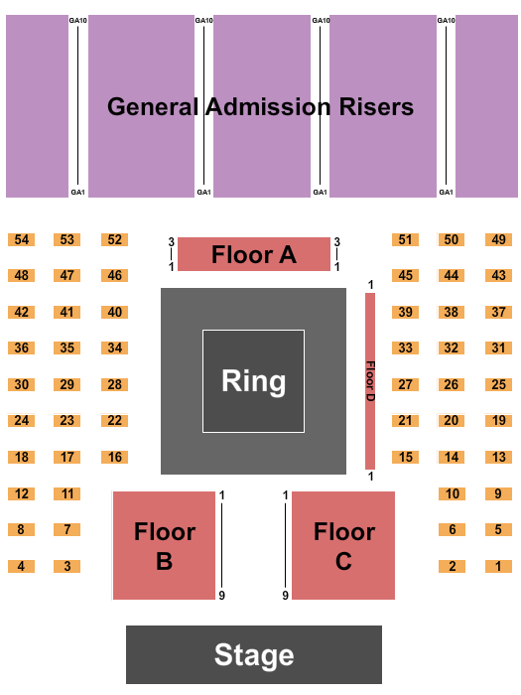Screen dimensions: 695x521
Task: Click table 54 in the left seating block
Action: tap(21, 239)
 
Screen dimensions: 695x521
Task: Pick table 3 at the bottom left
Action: tap(67, 566)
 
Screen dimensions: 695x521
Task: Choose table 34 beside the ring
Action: tap(115, 348)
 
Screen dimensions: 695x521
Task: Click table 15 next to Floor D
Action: tap(405, 457)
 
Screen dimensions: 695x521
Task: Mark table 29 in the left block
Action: tap(67, 384)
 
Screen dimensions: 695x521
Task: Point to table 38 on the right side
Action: tap(452, 312)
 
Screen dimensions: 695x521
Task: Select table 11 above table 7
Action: tap(67, 493)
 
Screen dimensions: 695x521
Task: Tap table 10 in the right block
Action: tap(452, 493)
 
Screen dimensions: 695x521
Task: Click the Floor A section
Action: tap(254, 254)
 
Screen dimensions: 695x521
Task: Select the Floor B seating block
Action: tap(164, 546)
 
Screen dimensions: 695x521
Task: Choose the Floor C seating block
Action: tap(343, 546)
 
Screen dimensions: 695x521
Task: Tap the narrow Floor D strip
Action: tap(369, 380)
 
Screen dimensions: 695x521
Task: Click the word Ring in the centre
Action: tap(254, 381)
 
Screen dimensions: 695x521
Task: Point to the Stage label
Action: tap(254, 654)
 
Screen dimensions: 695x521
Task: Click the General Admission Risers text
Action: tap(260, 106)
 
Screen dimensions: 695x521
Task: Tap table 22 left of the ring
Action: tap(115, 421)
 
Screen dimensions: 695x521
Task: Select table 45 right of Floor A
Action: tap(405, 275)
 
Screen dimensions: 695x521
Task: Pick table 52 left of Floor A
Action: tap(115, 239)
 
